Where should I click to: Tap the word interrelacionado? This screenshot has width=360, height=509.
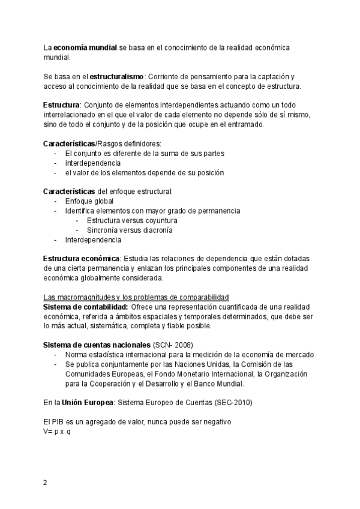[x=70, y=115]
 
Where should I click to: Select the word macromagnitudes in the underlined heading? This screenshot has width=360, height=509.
[x=86, y=298]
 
